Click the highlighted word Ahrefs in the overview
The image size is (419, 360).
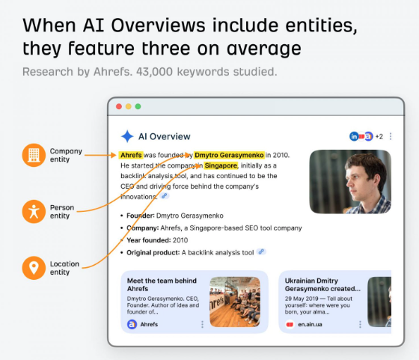130,155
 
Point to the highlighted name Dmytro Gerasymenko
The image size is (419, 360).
229,155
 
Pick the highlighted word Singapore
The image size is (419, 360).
221,165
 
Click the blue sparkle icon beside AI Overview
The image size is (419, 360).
127,136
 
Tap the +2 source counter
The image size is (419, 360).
379,136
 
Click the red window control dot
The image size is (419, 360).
117,106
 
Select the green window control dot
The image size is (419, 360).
137,106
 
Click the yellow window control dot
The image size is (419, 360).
127,106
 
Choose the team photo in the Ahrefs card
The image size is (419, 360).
234,302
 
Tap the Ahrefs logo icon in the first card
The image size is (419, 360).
132,325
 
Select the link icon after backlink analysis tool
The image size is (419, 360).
261,252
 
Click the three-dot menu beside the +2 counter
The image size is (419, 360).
391,136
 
